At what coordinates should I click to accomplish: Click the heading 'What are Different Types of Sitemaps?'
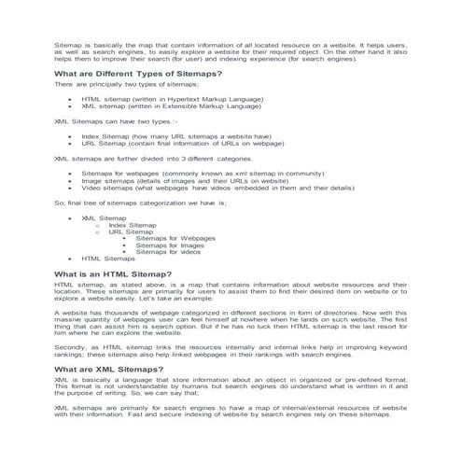[137, 72]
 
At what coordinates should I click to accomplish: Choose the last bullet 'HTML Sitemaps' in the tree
[108, 259]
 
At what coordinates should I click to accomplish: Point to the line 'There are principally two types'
[126, 84]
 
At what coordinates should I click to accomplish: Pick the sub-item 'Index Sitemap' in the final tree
[133, 225]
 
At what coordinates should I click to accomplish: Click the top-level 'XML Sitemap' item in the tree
[103, 217]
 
